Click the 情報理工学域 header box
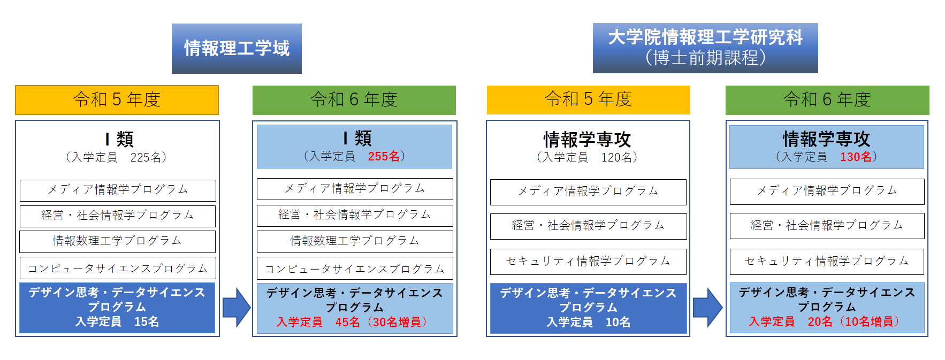click(x=237, y=49)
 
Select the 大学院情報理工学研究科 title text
click(x=705, y=37)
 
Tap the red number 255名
click(x=384, y=156)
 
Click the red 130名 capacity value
click(x=856, y=157)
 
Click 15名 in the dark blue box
click(x=146, y=321)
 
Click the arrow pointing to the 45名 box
click(x=236, y=308)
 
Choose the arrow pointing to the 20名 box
click(x=707, y=308)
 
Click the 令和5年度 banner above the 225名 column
click(x=117, y=99)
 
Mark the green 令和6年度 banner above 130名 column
click(x=827, y=99)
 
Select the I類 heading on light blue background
click(x=357, y=139)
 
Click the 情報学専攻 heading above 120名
click(x=587, y=140)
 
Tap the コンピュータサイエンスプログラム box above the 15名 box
click(x=118, y=269)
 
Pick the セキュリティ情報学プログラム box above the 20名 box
click(x=827, y=261)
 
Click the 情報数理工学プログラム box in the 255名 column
click(x=355, y=241)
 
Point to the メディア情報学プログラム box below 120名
click(x=588, y=192)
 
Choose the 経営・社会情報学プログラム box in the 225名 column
click(x=118, y=216)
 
